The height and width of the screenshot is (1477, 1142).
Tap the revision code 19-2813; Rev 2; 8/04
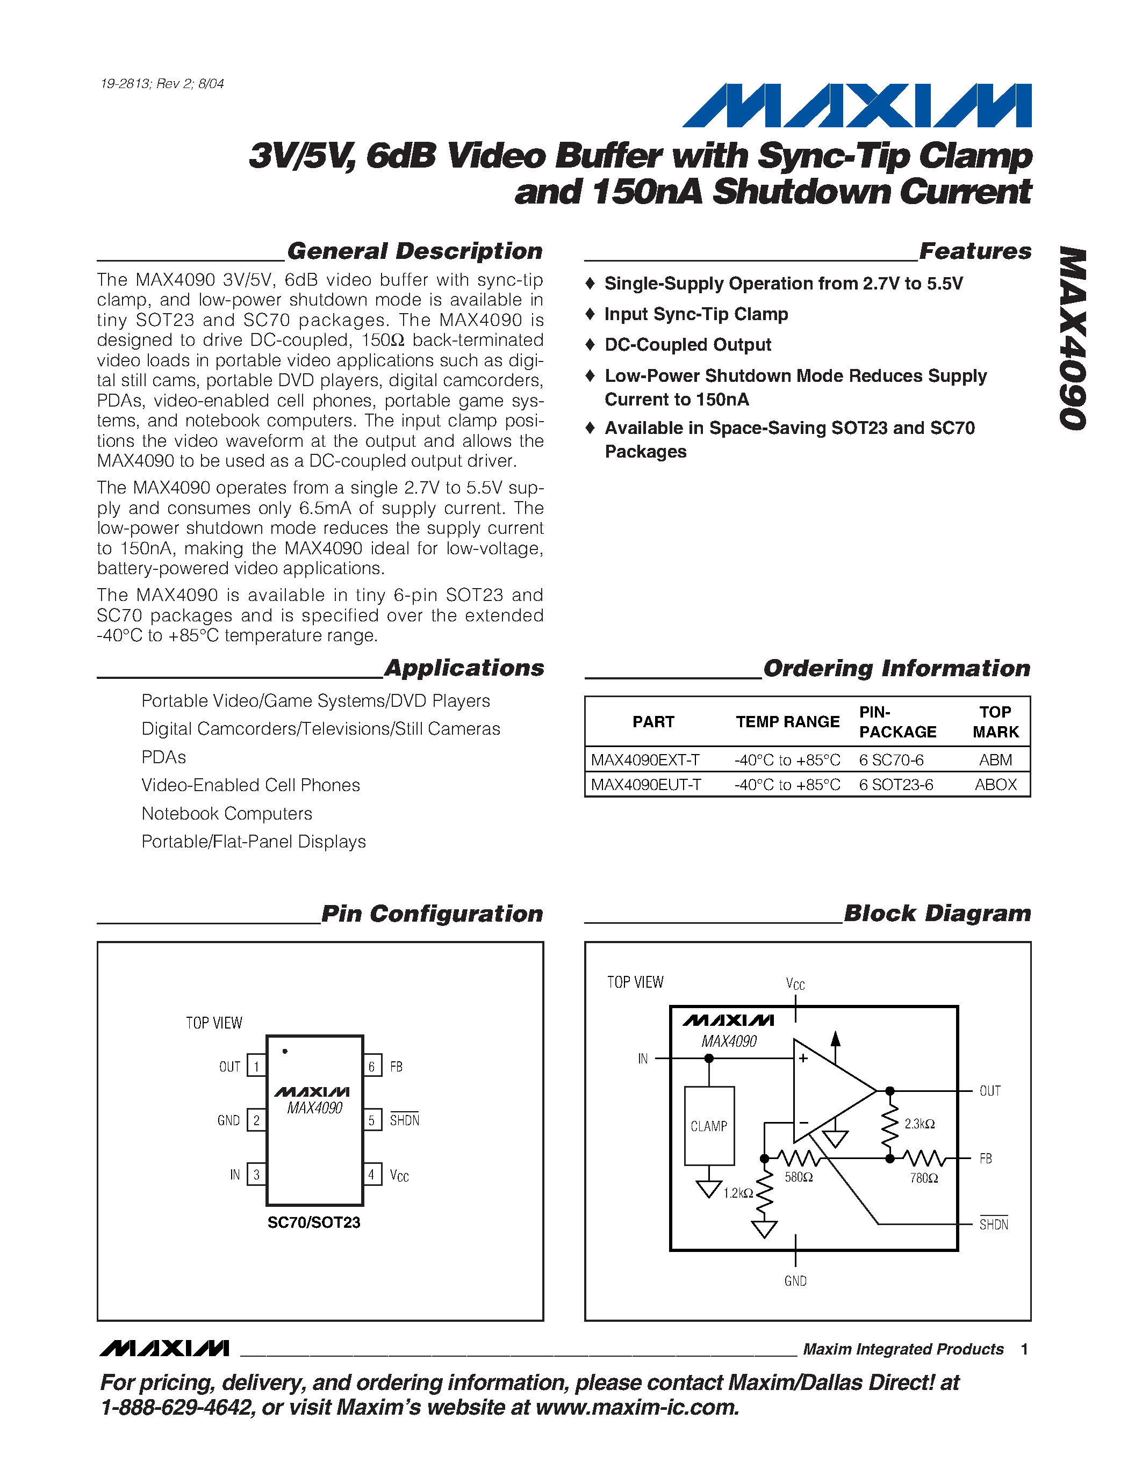162,84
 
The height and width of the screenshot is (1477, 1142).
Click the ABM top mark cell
995,759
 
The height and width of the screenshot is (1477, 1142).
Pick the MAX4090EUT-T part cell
645,785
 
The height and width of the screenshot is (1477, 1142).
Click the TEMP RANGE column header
787,722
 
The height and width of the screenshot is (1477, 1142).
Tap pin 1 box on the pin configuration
256,1067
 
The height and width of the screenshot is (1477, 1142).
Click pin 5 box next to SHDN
371,1120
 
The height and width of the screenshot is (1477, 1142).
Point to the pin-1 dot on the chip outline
285,1051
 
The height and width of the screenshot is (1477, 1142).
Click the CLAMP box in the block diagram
709,1126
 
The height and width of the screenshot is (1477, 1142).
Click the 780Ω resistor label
923,1178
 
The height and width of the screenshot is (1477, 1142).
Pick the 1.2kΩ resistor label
737,1193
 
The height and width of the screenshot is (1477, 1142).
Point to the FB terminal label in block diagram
986,1159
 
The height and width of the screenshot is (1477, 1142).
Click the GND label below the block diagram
795,1281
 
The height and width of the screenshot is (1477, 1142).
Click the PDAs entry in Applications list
164,757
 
